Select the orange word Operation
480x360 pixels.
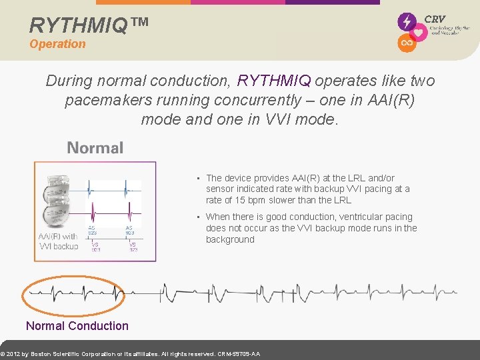coord(57,44)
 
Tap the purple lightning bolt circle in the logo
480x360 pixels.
coord(406,21)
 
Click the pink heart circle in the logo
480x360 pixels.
coord(419,33)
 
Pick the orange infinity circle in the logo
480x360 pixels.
coord(406,43)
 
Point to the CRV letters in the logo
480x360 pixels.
coord(435,19)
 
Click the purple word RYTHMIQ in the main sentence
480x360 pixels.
coord(274,81)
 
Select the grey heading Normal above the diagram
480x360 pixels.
coord(95,148)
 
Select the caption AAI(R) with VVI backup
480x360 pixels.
coord(58,241)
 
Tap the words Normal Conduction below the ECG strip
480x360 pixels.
coord(77,326)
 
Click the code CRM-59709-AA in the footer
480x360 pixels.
coord(239,354)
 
